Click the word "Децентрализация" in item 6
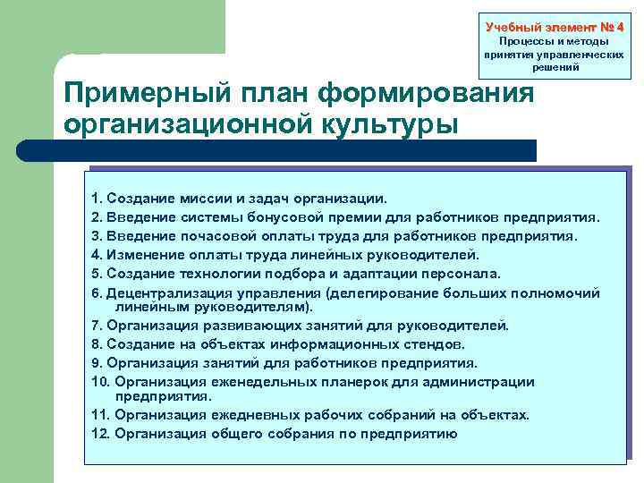point(164,293)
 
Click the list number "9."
point(97,363)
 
